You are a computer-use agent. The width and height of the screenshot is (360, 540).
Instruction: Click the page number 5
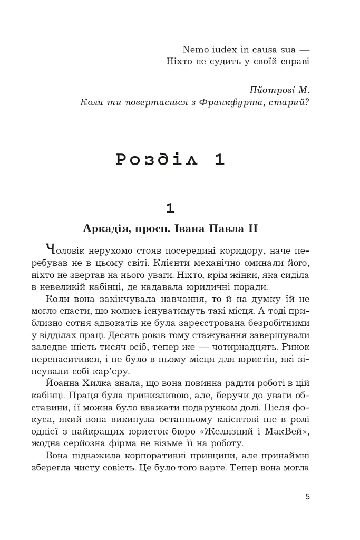(x=307, y=497)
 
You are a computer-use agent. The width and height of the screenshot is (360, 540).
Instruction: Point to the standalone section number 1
(x=170, y=208)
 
